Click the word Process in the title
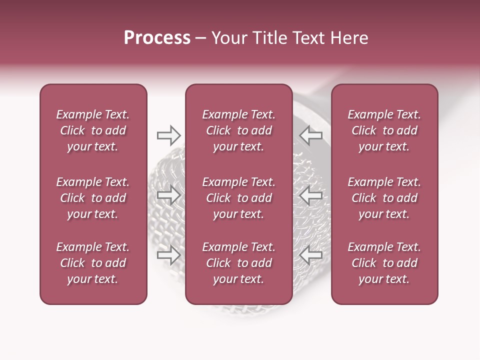pyautogui.click(x=157, y=38)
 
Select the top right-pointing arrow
pyautogui.click(x=168, y=135)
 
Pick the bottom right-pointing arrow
pyautogui.click(x=168, y=255)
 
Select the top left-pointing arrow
pyautogui.click(x=311, y=135)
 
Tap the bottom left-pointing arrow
pyautogui.click(x=311, y=255)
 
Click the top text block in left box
pyautogui.click(x=93, y=130)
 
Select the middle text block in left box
pyautogui.click(x=93, y=198)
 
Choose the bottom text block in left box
pyautogui.click(x=93, y=263)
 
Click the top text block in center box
pyautogui.click(x=238, y=130)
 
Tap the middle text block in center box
pyautogui.click(x=238, y=198)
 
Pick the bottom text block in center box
pyautogui.click(x=238, y=263)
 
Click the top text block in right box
pyautogui.click(x=384, y=130)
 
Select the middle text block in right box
pyautogui.click(x=384, y=198)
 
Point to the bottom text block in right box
pyautogui.click(x=384, y=263)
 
